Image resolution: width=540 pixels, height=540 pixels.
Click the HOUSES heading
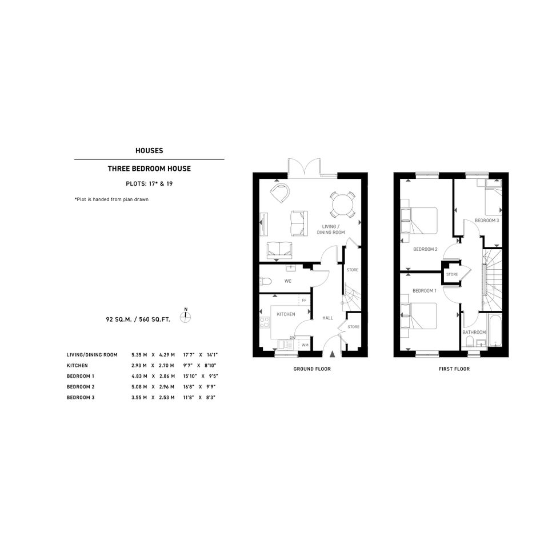(x=149, y=150)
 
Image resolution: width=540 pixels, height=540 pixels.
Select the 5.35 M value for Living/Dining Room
(x=139, y=355)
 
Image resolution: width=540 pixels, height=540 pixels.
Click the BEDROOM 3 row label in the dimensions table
(x=81, y=397)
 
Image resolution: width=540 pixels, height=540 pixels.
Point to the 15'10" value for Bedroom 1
(x=190, y=376)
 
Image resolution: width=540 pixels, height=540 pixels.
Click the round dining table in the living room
(x=342, y=205)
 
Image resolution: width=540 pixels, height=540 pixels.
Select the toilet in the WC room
(x=265, y=281)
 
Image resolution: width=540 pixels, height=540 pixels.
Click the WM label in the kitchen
(x=305, y=345)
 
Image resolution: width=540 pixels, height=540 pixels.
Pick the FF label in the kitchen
(x=304, y=301)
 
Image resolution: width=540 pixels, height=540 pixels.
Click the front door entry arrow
(x=333, y=354)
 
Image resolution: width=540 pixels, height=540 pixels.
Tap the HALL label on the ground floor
(x=327, y=318)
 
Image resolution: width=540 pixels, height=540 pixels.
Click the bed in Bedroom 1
(x=419, y=316)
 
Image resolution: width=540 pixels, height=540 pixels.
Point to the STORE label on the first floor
(x=452, y=274)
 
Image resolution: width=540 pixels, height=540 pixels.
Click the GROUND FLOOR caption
(x=312, y=369)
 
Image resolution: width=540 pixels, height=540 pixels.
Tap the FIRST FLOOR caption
(x=454, y=369)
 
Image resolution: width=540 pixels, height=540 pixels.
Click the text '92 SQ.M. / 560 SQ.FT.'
(x=138, y=319)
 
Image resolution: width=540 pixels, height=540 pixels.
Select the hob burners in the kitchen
(x=265, y=323)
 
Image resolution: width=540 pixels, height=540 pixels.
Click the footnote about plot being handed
(x=111, y=199)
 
